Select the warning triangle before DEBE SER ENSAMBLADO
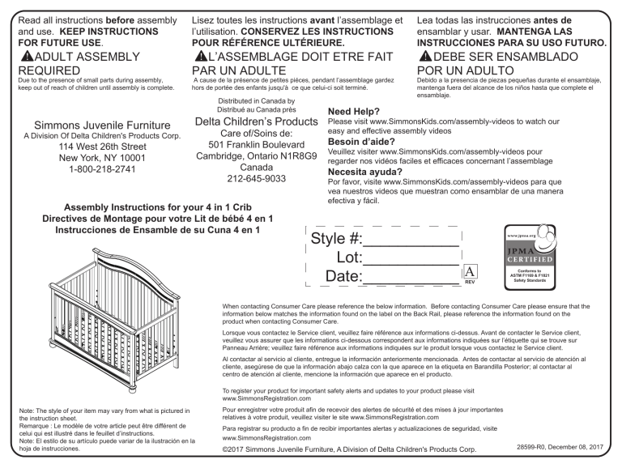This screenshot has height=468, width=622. tap(427, 57)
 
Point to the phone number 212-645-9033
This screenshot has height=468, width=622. tap(257, 179)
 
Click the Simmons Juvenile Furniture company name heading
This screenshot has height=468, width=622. tap(100, 126)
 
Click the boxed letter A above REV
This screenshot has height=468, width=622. tap(471, 272)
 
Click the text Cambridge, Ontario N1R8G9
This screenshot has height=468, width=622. tap(257, 153)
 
